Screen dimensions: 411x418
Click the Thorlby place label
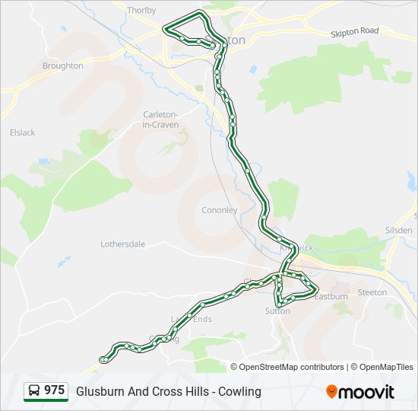(142, 11)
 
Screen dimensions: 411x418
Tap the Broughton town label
(62, 66)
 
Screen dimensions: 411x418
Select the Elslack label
(22, 132)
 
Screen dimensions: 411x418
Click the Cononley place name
(219, 210)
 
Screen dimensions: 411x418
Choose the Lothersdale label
(122, 244)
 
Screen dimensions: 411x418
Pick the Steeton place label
(372, 292)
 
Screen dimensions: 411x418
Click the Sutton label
(277, 311)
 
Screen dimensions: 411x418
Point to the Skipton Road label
(354, 31)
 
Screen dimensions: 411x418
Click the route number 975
(54, 390)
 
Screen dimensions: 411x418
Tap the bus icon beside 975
(34, 391)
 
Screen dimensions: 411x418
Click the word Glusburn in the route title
(99, 391)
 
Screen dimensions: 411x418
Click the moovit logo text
(366, 392)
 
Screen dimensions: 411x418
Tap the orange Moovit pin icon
(331, 392)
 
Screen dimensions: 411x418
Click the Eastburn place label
(331, 296)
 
